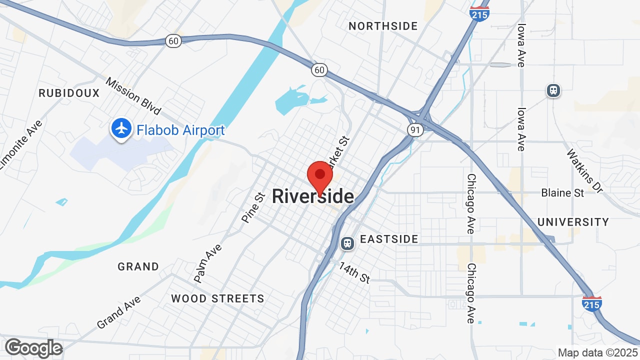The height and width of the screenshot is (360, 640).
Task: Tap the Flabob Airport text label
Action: click(x=180, y=130)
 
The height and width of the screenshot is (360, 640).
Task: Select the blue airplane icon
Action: click(x=121, y=128)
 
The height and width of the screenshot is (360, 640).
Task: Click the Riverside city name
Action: click(x=313, y=196)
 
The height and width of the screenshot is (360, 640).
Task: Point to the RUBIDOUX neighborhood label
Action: click(x=69, y=93)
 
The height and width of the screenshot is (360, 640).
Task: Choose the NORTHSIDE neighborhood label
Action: click(x=383, y=26)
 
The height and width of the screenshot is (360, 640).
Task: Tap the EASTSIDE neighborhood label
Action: click(x=389, y=239)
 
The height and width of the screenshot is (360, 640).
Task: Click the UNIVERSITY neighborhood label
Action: click(x=573, y=221)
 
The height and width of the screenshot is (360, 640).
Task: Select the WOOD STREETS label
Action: click(x=217, y=299)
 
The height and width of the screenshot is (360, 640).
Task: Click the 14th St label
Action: click(x=354, y=272)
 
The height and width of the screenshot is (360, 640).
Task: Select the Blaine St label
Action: click(x=562, y=192)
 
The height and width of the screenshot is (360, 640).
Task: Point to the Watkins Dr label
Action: click(x=584, y=170)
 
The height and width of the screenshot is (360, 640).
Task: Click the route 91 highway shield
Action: click(x=415, y=130)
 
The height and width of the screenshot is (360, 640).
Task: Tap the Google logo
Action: click(x=33, y=348)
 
